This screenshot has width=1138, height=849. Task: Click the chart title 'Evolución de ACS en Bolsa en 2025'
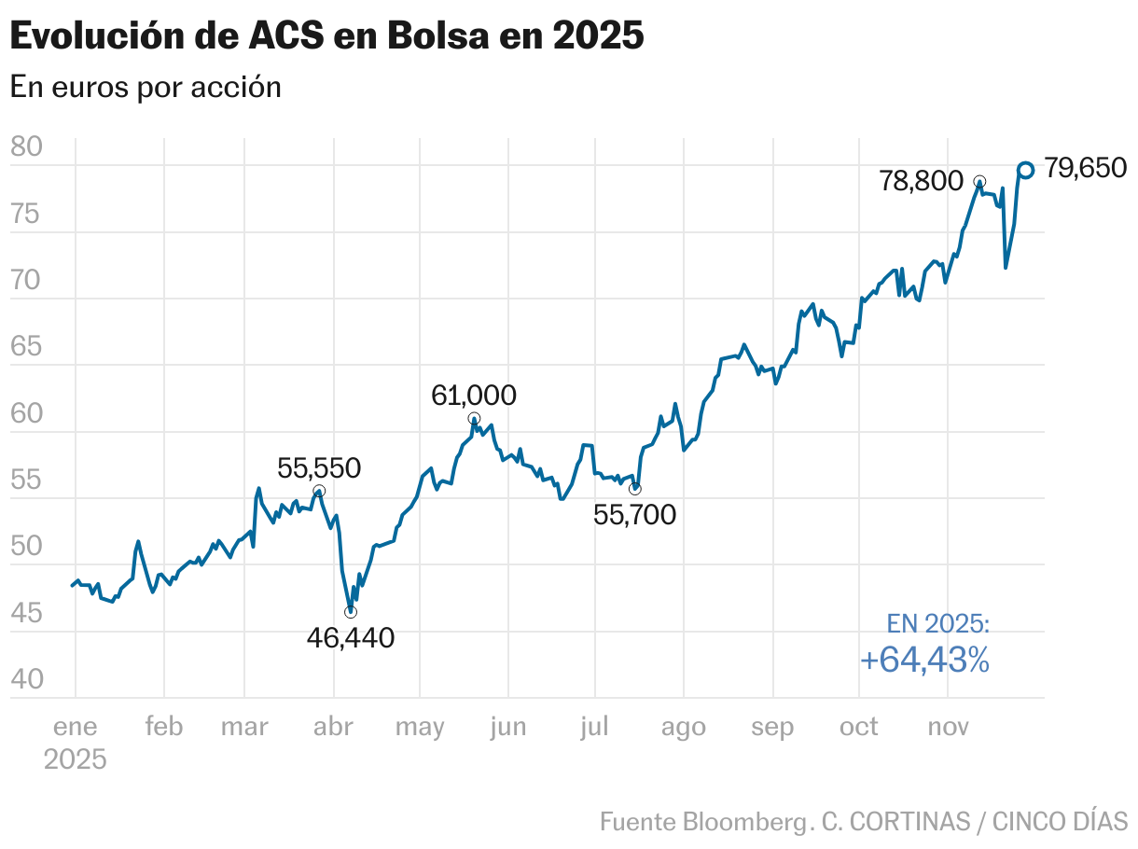click(326, 36)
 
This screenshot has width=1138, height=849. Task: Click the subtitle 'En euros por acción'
click(146, 87)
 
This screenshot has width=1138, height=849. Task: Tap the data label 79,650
click(1085, 168)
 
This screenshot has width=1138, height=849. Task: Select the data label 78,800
click(921, 181)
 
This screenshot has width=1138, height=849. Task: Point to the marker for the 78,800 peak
click(979, 181)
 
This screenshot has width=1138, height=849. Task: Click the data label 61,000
click(473, 396)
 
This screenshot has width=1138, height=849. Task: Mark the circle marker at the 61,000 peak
click(474, 418)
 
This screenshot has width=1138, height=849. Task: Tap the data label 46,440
click(351, 638)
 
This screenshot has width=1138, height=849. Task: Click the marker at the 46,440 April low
click(351, 612)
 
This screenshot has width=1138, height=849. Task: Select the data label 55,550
click(319, 468)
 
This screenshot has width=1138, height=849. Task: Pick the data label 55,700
click(634, 513)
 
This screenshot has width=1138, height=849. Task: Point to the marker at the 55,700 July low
click(635, 489)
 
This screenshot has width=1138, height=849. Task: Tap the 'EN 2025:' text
click(937, 624)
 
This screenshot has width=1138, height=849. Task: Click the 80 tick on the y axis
click(26, 147)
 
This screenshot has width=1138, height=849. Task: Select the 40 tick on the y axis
click(26, 679)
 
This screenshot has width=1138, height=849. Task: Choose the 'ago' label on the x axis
click(683, 728)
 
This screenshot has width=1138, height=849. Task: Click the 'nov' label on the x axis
click(947, 728)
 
